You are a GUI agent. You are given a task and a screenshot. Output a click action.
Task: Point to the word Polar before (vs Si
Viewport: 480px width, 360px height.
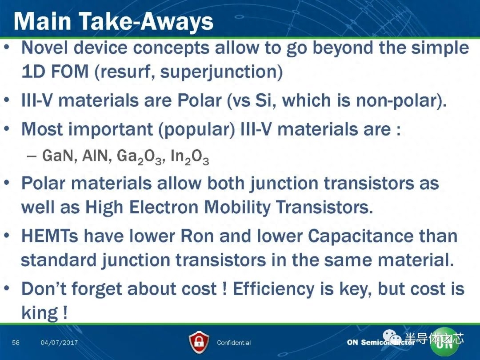pos(200,100)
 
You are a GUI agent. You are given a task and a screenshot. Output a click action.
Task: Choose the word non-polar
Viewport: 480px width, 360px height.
pos(401,101)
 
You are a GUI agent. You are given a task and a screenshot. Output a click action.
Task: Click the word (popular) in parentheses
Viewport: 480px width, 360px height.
pos(196,129)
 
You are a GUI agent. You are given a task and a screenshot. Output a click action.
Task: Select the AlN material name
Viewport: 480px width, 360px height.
pos(97,156)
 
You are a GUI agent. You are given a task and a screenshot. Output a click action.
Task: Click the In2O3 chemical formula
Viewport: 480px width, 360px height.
pos(190,156)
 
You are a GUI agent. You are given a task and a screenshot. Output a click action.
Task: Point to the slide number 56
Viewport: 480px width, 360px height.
pos(16,342)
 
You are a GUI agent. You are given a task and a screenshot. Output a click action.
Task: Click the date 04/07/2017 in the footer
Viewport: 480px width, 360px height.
pos(60,343)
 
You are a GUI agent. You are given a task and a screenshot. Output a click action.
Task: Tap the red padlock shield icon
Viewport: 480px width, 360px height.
pos(199,343)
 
